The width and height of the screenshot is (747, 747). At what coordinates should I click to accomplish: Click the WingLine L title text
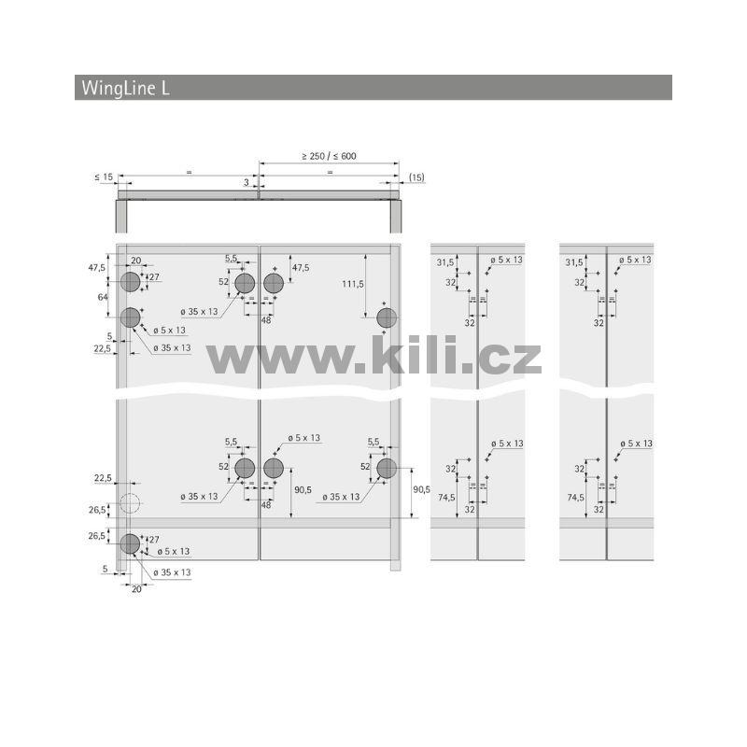click(x=125, y=88)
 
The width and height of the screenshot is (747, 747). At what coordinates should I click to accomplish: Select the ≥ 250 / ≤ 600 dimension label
click(x=329, y=156)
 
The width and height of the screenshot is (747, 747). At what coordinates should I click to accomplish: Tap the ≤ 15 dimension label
click(x=104, y=177)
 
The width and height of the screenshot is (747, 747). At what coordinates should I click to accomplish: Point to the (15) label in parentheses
click(x=416, y=177)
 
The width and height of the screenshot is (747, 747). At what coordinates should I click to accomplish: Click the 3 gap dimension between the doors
click(x=247, y=182)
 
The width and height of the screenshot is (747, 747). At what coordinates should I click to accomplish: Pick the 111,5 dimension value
click(x=353, y=285)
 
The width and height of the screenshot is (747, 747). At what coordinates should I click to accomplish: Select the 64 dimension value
click(x=103, y=297)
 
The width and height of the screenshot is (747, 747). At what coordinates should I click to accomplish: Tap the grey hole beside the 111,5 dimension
click(x=387, y=317)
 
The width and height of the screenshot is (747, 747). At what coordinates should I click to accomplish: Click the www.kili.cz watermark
click(x=374, y=355)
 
